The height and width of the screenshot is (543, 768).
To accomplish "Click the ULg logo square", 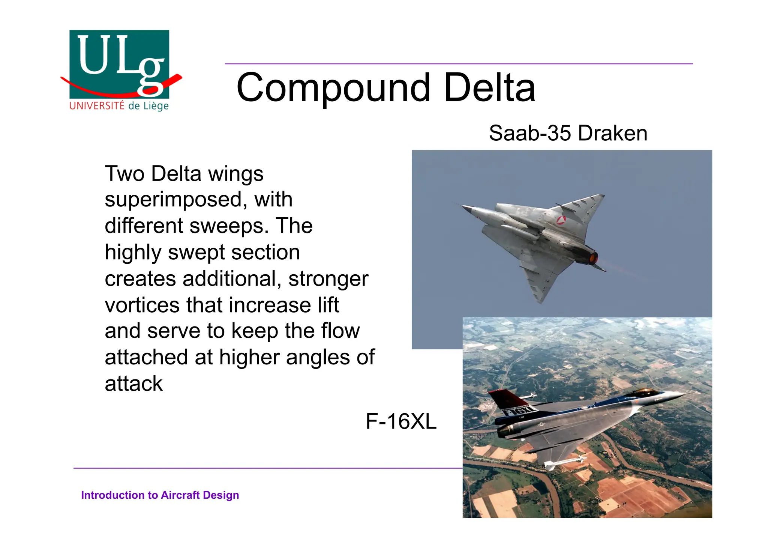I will click(x=119, y=64).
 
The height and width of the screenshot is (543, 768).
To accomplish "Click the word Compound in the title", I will click(x=333, y=88).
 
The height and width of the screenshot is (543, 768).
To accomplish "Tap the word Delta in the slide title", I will click(x=489, y=88).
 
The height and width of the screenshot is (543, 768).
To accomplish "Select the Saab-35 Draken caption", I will click(x=568, y=133).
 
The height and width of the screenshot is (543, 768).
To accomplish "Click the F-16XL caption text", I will click(x=401, y=421).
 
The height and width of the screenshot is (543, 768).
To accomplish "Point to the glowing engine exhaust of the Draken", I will click(x=593, y=258).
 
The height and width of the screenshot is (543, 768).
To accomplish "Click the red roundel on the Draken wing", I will click(x=561, y=220).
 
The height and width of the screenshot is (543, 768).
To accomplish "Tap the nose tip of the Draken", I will click(x=463, y=206).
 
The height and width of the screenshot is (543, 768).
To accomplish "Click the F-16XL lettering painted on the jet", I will click(x=519, y=411).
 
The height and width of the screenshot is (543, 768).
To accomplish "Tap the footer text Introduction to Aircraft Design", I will click(x=160, y=495).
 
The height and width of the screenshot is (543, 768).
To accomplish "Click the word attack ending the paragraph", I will click(x=133, y=384).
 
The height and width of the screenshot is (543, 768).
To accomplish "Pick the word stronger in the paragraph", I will click(x=328, y=279).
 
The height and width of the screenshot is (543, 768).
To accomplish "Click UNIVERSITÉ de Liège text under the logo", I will click(x=119, y=106).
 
